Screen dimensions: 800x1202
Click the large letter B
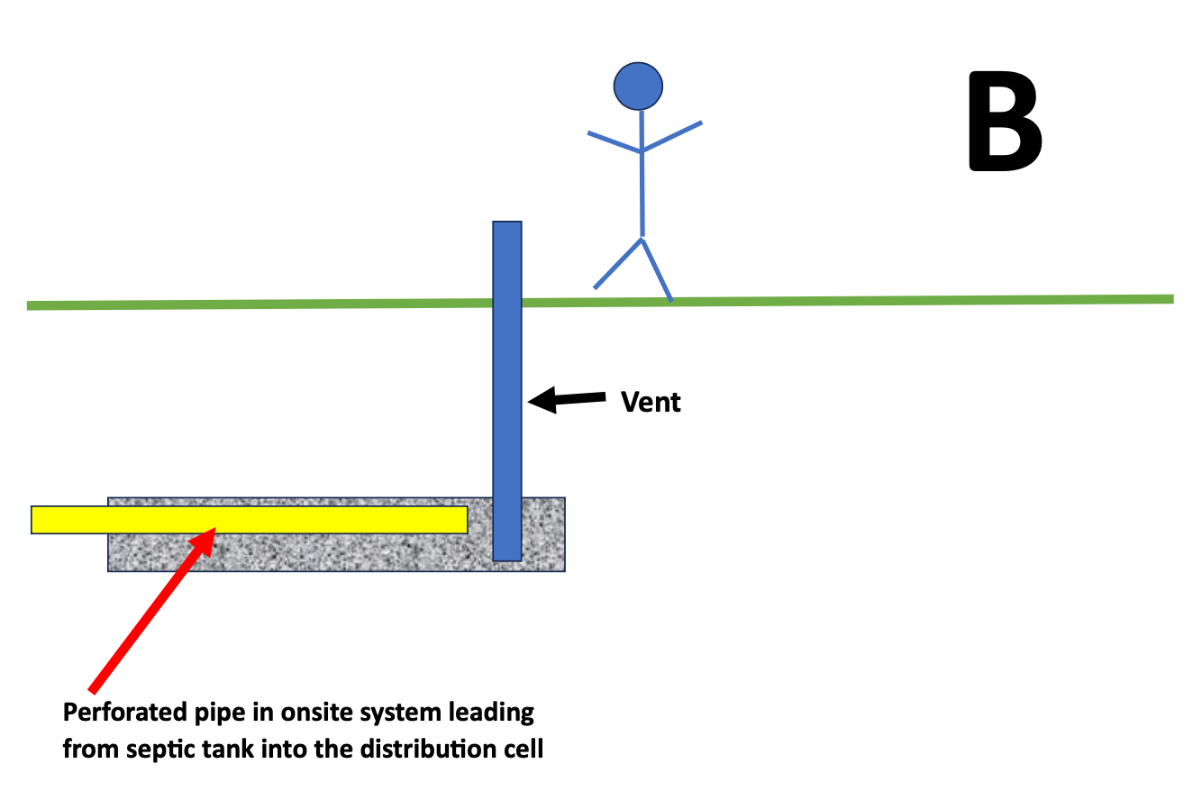(1004, 124)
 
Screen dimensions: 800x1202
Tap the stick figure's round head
(638, 86)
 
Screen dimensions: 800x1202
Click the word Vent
(651, 402)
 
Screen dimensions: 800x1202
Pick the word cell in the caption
(524, 749)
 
